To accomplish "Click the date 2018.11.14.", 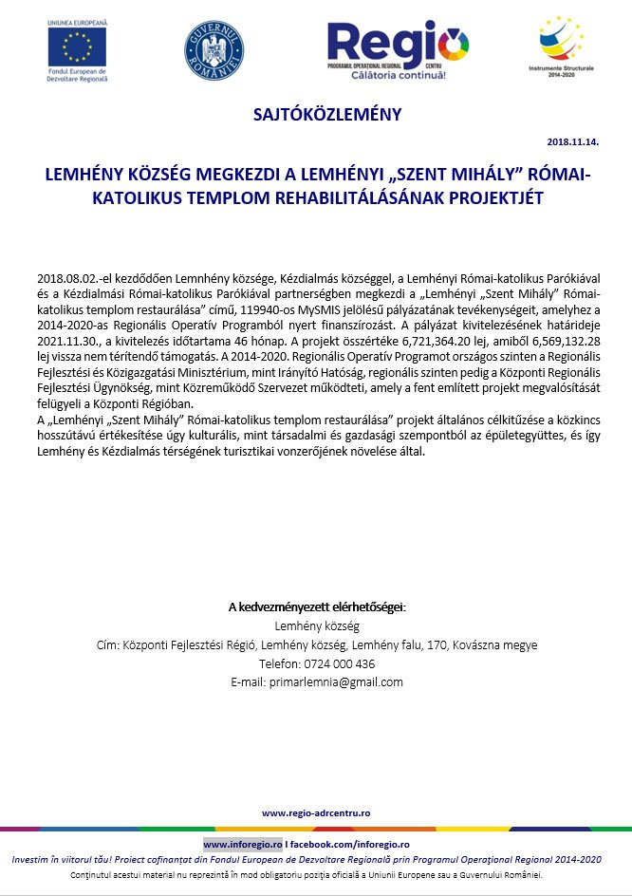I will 573,142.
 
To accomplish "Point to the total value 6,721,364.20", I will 411,342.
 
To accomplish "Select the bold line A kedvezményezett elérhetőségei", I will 316,607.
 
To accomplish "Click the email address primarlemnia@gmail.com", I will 337,681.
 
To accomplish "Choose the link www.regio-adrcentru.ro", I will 316,812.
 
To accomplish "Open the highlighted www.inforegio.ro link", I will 243,843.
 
